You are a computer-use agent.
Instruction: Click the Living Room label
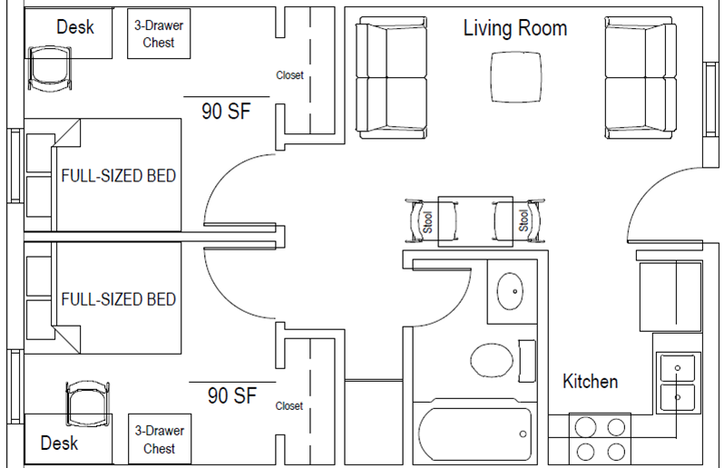(514, 28)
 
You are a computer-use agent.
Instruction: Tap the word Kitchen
(590, 382)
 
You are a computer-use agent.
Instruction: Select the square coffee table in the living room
(515, 77)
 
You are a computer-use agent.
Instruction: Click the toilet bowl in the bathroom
(492, 360)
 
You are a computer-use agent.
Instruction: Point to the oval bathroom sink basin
(510, 291)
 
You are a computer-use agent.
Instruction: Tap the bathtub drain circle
(523, 434)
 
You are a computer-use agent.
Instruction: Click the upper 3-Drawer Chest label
(159, 34)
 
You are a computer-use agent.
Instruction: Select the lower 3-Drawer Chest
(160, 439)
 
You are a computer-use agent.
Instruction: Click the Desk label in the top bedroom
(74, 27)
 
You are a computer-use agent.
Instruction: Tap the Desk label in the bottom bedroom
(59, 444)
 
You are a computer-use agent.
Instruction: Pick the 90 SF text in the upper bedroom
(226, 112)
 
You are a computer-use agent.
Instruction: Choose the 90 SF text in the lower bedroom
(231, 395)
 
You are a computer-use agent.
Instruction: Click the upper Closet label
(289, 75)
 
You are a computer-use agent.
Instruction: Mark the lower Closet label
(289, 406)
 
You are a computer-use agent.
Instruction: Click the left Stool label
(427, 222)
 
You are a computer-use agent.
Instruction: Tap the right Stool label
(523, 220)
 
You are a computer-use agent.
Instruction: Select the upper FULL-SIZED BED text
(119, 176)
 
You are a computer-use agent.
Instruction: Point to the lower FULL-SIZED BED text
(119, 299)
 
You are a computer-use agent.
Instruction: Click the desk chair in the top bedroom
(50, 68)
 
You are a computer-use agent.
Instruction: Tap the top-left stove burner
(585, 427)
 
